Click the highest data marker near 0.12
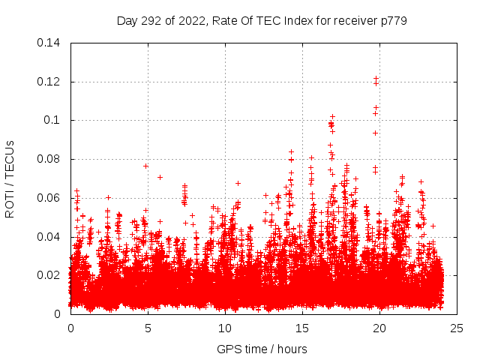376,78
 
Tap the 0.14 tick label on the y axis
49,43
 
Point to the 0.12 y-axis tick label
49,82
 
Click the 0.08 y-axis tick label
49,159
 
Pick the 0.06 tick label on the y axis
49,198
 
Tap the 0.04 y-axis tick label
49,237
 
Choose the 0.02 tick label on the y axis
49,275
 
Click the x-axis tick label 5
148,328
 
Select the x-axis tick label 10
225,328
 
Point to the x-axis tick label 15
302,328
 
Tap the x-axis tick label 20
379,328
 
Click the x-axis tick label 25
457,328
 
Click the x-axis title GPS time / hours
262,349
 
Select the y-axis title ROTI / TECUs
10,178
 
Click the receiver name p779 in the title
392,20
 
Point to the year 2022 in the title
193,20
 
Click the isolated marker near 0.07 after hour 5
160,177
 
